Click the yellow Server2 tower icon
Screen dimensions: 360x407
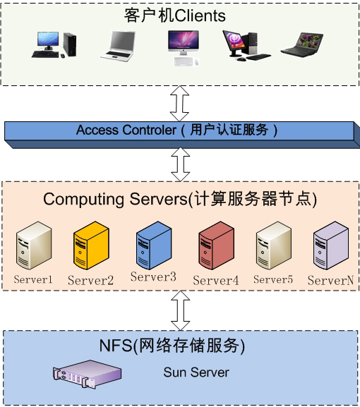[91, 245]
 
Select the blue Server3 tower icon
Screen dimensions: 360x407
[154, 245]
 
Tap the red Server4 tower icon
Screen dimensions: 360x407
[216, 245]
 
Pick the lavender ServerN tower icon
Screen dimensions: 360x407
[331, 245]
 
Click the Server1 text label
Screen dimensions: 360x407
[33, 279]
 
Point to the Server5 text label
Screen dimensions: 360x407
[273, 279]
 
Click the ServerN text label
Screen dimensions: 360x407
[330, 280]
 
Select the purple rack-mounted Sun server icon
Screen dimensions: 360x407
[88, 374]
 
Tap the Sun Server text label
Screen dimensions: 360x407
[196, 372]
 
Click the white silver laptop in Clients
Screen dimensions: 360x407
[119, 47]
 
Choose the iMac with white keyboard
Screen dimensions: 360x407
[184, 48]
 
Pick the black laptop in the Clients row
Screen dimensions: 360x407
[302, 45]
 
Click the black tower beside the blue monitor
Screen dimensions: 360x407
[70, 44]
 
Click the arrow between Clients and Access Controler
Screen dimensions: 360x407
[179, 103]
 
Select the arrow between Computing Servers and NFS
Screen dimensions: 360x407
[181, 310]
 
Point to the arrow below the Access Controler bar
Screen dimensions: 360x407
[181, 164]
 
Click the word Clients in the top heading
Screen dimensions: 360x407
[200, 16]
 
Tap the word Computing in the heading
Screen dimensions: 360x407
[83, 200]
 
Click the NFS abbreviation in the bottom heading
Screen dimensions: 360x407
[116, 345]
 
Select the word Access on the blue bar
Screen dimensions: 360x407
[97, 130]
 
